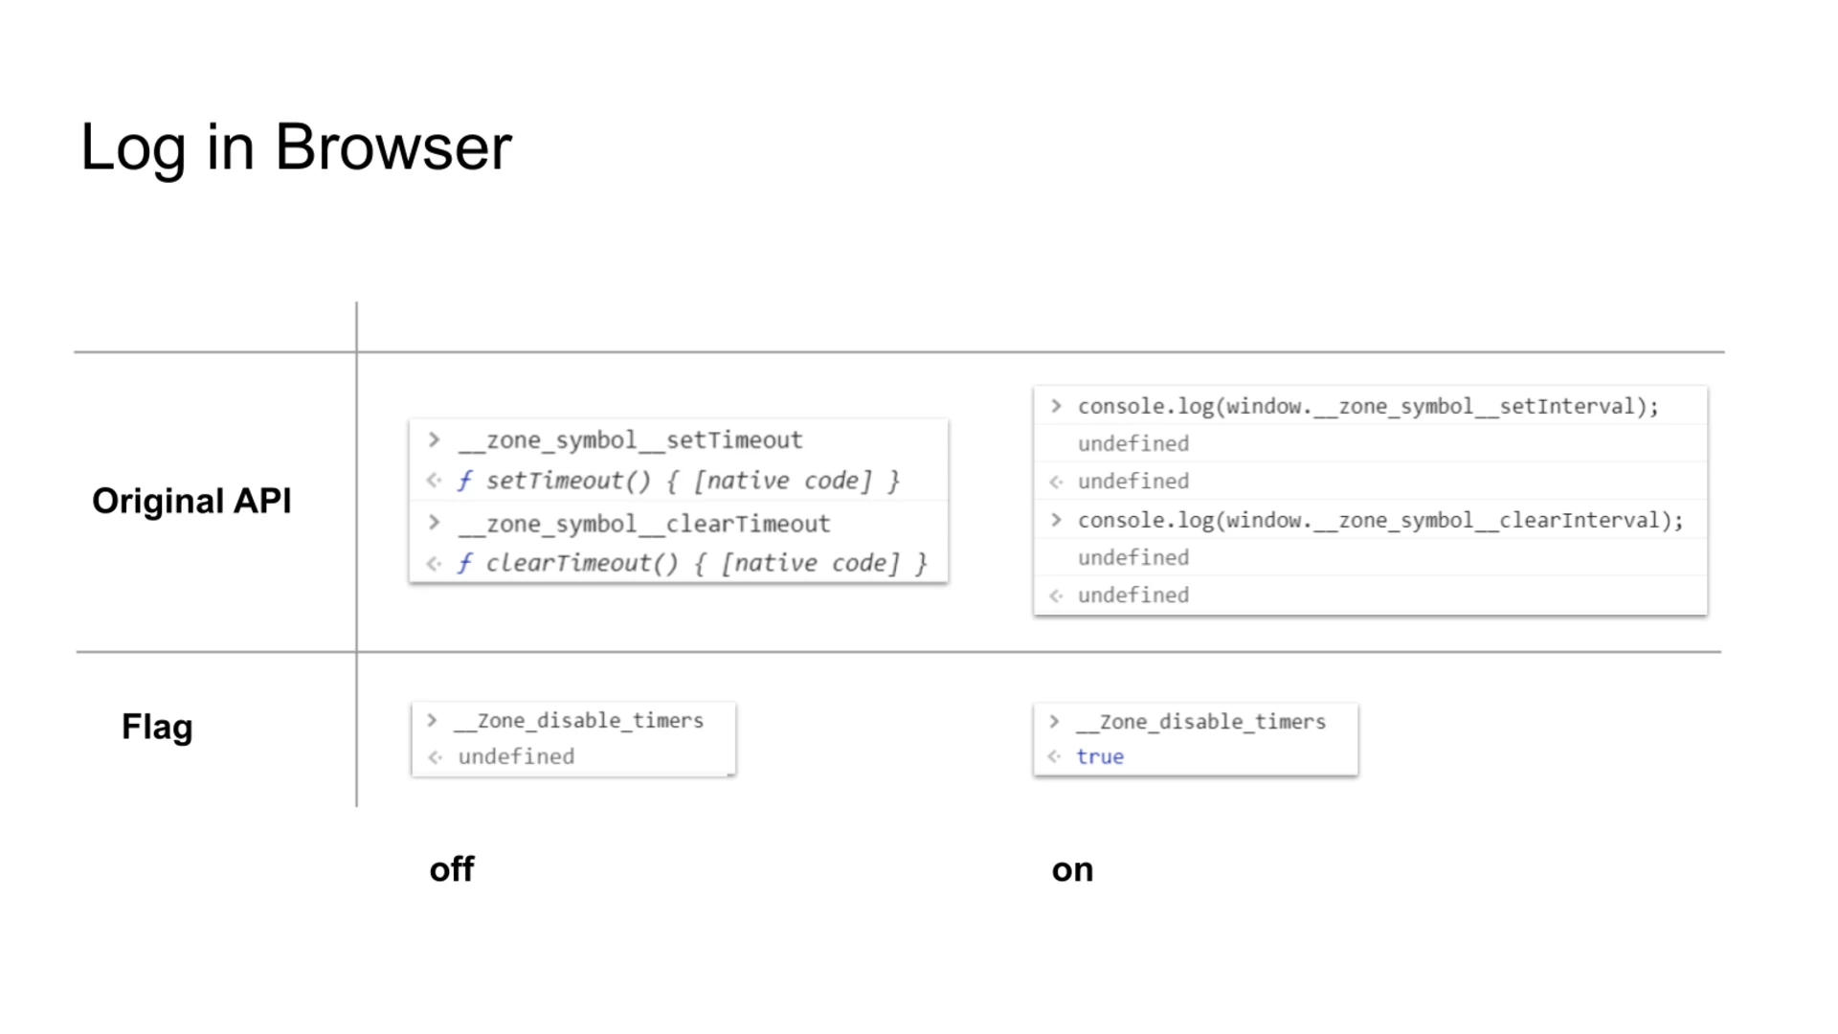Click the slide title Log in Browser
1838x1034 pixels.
[296, 147]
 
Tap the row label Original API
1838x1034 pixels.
[191, 501]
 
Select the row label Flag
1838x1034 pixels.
[157, 727]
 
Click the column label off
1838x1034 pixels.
[452, 869]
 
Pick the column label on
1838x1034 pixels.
[1072, 869]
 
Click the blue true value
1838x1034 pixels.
[1100, 756]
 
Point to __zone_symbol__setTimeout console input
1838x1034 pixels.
[630, 440]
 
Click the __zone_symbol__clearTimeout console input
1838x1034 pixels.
[643, 524]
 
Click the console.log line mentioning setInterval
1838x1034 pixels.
[1368, 406]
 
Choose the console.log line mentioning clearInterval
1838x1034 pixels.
[1379, 520]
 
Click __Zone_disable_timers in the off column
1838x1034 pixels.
[580, 720]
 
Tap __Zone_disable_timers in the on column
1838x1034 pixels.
[1202, 721]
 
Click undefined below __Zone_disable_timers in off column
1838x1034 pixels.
[516, 756]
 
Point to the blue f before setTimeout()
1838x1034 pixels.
[464, 481]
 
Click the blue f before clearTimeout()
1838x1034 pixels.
[464, 563]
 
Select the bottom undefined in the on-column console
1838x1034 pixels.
[1133, 595]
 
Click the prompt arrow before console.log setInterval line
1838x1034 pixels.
[1056, 406]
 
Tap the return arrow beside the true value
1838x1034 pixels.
[1055, 756]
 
